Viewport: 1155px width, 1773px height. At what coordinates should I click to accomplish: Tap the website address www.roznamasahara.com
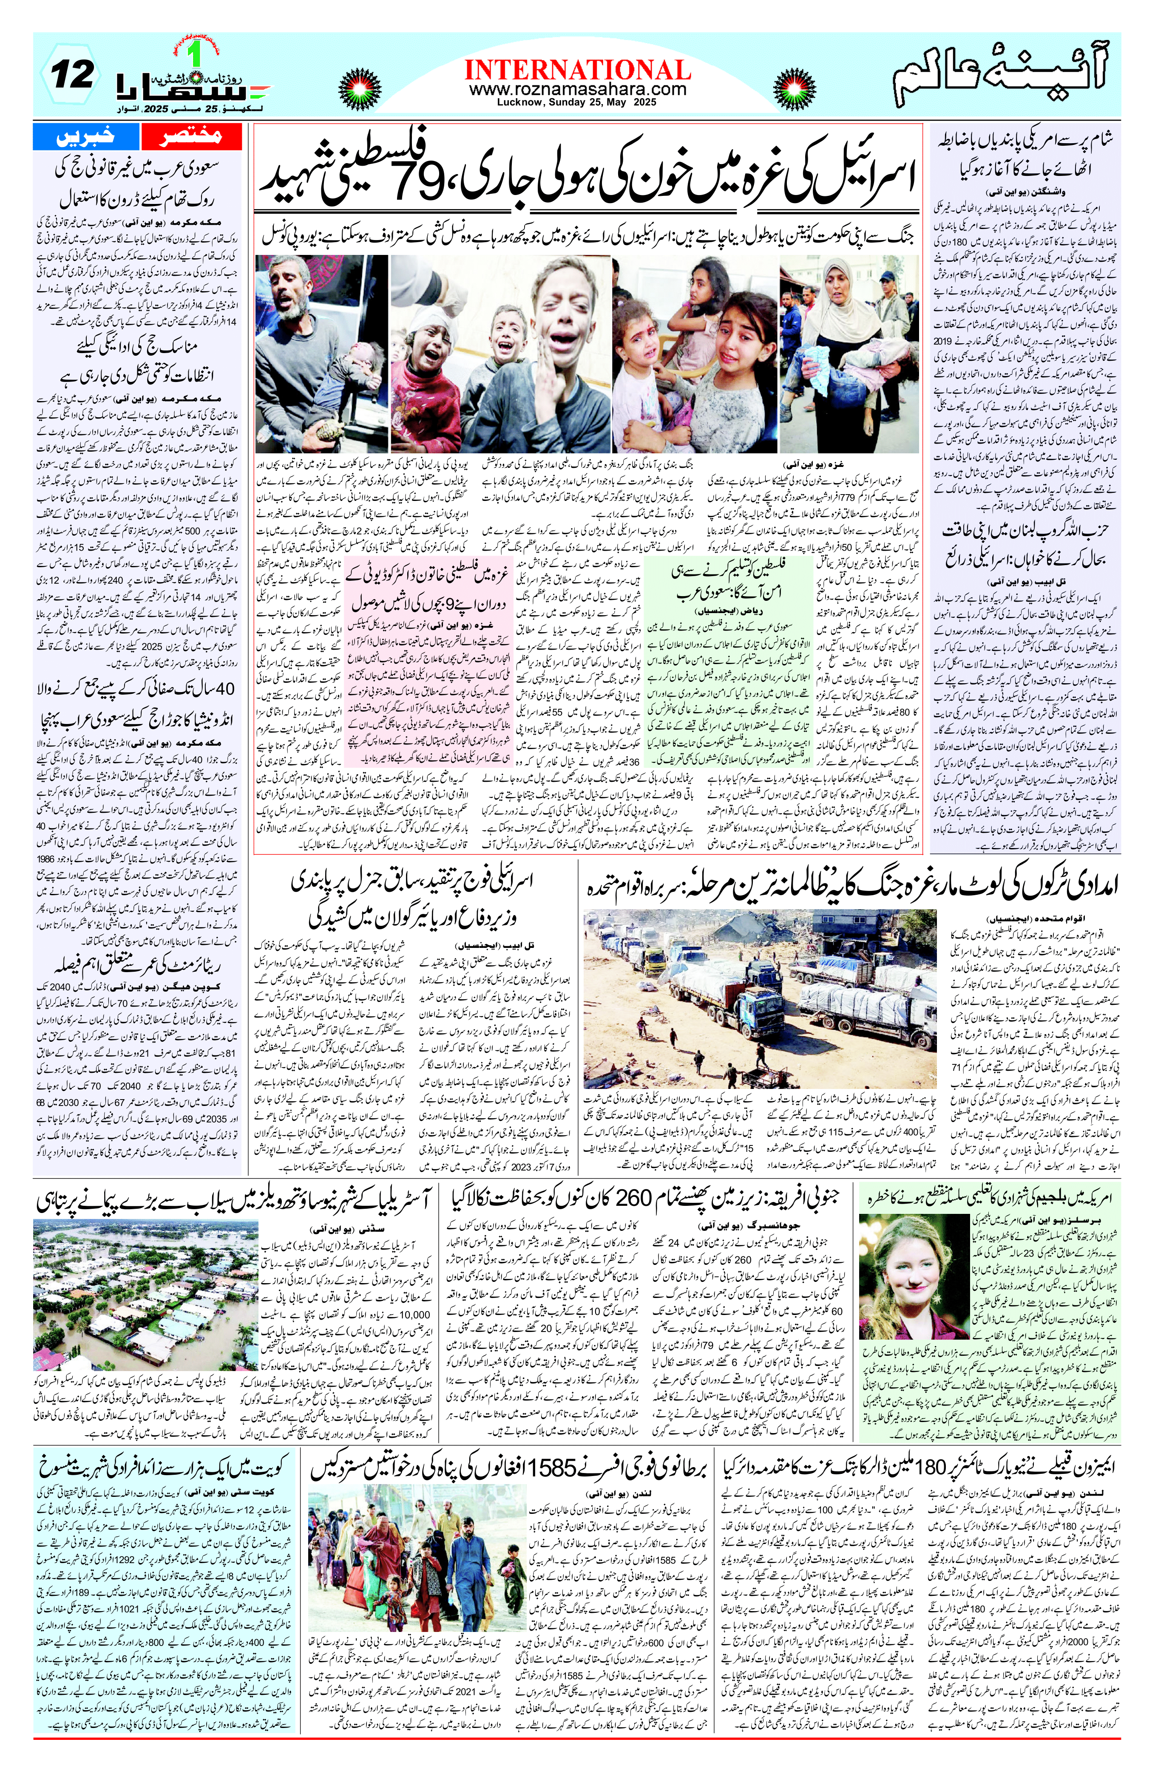577,89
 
